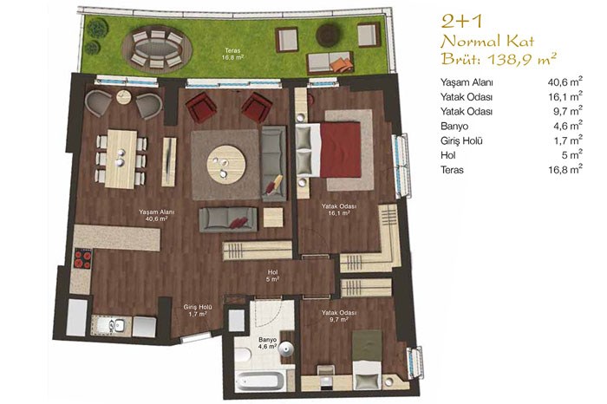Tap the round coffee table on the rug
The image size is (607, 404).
click(x=226, y=164)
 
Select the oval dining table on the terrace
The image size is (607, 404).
click(x=157, y=49)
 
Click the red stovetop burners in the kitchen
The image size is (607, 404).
click(x=82, y=259)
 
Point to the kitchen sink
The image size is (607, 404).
click(x=116, y=325)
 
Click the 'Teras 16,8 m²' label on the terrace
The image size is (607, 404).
click(x=232, y=54)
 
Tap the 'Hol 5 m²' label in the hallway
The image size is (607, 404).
click(x=273, y=276)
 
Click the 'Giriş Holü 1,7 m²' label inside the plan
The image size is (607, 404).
click(x=198, y=310)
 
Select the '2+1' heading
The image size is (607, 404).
click(x=461, y=22)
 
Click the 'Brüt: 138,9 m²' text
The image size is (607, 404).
click(x=499, y=59)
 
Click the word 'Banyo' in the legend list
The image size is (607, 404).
click(x=454, y=127)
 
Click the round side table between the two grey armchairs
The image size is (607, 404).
click(x=124, y=96)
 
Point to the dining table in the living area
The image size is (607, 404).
click(x=121, y=159)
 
